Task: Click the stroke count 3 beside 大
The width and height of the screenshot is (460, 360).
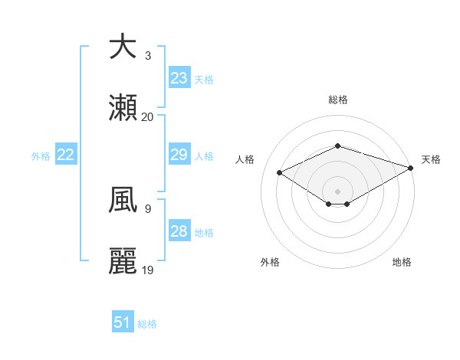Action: coord(148,56)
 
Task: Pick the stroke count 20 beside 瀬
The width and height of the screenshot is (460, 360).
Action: coord(148,117)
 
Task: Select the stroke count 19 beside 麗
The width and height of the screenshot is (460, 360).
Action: coord(148,270)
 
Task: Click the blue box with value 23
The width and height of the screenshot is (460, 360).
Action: coord(179,78)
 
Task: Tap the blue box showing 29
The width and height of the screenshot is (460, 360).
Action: coord(179,155)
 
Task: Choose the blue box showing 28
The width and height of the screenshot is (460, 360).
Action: coord(179,231)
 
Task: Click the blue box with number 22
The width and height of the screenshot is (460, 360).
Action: coord(66,155)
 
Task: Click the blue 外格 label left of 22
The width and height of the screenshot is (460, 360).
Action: coord(41,156)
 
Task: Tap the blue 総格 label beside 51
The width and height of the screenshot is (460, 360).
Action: coord(147,324)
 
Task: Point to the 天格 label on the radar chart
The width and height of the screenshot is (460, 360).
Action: coord(431,159)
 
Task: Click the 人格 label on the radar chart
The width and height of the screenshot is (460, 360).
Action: coord(245,159)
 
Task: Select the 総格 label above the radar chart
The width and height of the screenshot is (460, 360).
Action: coord(338,100)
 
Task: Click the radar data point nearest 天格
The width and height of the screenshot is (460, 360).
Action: coord(412,167)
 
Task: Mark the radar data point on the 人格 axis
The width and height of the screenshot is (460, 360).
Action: coord(280,172)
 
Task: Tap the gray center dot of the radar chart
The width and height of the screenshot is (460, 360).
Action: coord(338,191)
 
